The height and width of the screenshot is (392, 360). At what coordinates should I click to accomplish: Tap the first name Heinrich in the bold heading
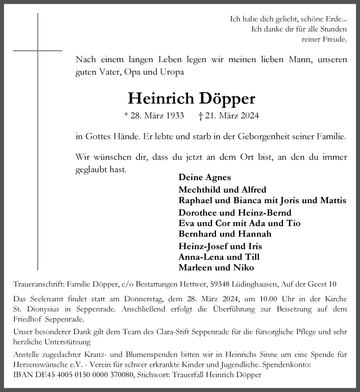coord(158,98)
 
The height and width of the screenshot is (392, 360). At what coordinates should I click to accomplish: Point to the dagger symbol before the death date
coord(200,116)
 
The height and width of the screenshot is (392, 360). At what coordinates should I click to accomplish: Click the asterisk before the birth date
coord(126,115)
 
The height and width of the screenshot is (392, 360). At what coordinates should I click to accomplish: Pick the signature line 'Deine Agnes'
coord(204,177)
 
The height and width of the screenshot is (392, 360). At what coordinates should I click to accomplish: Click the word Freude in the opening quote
coord(334,39)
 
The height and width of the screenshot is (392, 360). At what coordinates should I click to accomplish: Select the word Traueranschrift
coord(39,284)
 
